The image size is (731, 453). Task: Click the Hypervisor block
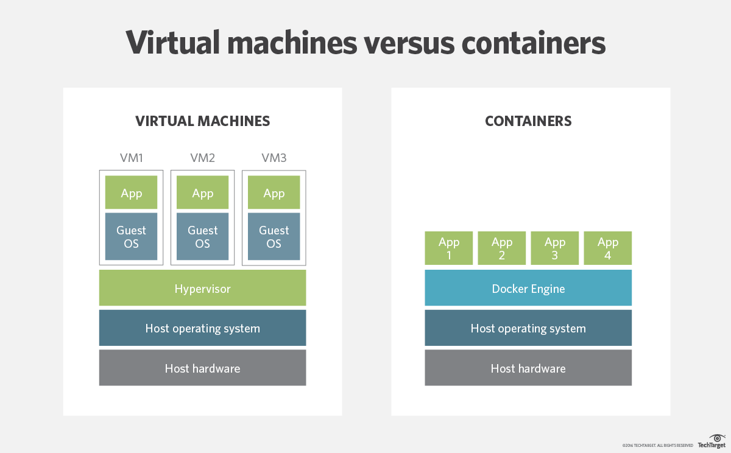202,288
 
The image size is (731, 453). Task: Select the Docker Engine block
528,288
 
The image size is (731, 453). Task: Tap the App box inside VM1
131,193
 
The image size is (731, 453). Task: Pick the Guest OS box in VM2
202,237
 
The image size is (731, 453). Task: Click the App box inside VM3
274,193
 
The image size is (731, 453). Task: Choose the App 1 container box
449,248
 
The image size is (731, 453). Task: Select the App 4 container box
608,248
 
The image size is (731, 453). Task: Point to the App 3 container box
555,248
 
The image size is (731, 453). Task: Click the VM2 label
202,158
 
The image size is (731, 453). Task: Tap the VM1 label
131,158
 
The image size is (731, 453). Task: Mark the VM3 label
274,158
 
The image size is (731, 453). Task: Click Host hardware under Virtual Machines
202,368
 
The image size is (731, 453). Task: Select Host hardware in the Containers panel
528,368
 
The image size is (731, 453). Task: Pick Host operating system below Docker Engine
528,328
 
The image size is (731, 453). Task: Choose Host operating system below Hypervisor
202,328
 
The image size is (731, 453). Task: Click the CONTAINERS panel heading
528,121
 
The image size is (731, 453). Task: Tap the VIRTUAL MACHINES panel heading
202,121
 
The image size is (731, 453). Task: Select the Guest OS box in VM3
274,237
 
